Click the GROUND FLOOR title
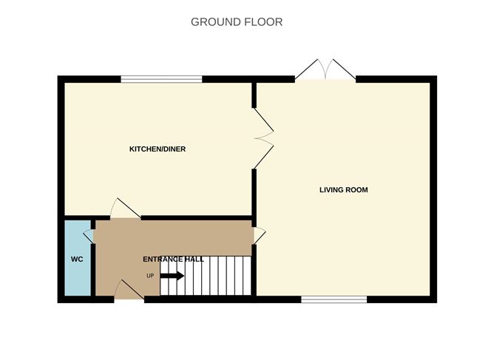pyautogui.click(x=237, y=22)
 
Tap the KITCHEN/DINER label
pyautogui.click(x=158, y=149)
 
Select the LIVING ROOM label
pyautogui.click(x=343, y=190)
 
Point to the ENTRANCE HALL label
pyautogui.click(x=173, y=259)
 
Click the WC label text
pyautogui.click(x=76, y=259)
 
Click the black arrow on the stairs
pyautogui.click(x=172, y=276)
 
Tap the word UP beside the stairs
pyautogui.click(x=150, y=276)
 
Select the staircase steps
pyautogui.click(x=207, y=276)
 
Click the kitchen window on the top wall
pyautogui.click(x=161, y=78)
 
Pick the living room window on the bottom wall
pyautogui.click(x=334, y=299)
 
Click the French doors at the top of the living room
pyautogui.click(x=325, y=70)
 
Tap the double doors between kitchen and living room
pyautogui.click(x=263, y=137)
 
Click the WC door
pyautogui.click(x=90, y=236)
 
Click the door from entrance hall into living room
pyautogui.click(x=259, y=235)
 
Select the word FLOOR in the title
pyautogui.click(x=263, y=22)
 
